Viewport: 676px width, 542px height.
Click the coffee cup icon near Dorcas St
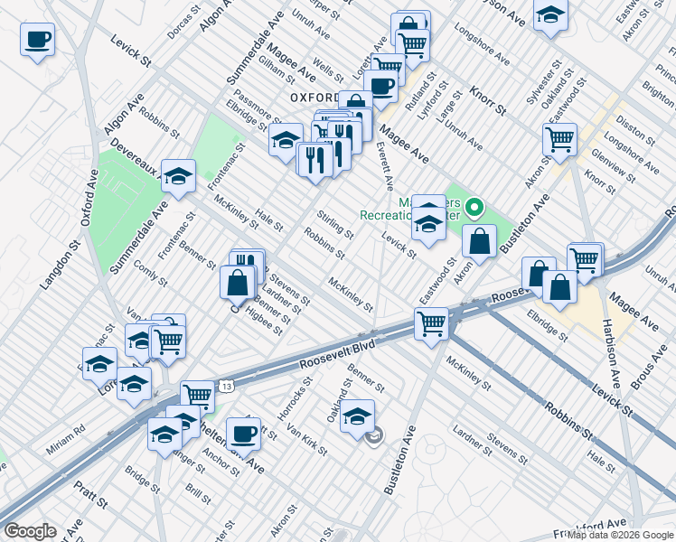(x=37, y=40)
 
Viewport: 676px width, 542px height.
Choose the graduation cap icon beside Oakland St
(x=358, y=416)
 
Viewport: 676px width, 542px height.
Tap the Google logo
(x=29, y=531)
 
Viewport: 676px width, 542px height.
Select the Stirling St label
(x=334, y=223)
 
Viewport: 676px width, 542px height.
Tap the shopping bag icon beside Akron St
(x=480, y=240)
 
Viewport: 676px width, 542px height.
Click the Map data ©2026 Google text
(x=620, y=535)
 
